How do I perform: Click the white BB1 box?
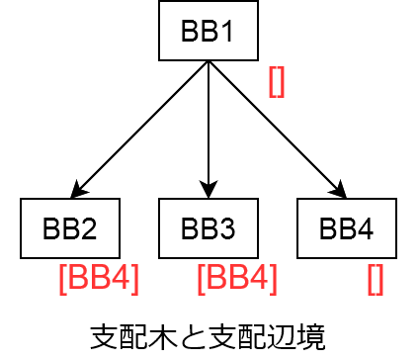209,31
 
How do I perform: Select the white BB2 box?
70,228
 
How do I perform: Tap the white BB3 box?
209,228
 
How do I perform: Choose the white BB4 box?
347,228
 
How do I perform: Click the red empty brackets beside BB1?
277,82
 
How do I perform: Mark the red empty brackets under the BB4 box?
376,280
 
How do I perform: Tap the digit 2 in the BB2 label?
89,229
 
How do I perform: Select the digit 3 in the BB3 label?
227,229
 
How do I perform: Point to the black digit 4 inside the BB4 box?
366,229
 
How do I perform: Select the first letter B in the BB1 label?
190,32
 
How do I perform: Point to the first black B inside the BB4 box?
328,229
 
